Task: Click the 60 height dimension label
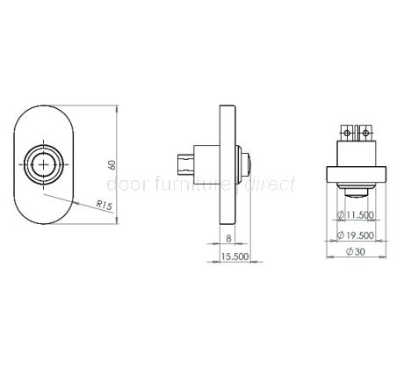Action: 112,164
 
